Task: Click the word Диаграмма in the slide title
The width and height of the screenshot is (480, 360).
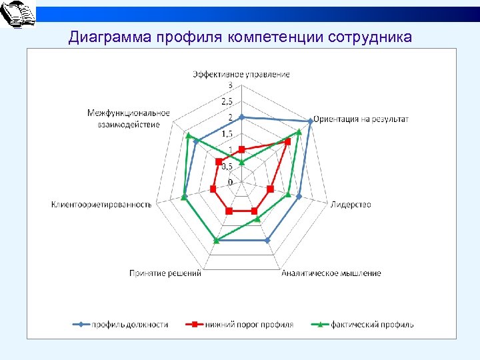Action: [x=111, y=37]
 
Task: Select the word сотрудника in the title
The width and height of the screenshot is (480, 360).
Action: [x=370, y=37]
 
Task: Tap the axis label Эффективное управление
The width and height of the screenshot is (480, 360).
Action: [x=241, y=74]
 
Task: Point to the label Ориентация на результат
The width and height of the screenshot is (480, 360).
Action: [x=361, y=119]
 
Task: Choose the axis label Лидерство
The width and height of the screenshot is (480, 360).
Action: [x=351, y=204]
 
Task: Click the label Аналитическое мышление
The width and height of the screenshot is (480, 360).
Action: [x=331, y=273]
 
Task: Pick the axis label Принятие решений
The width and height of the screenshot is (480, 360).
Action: [x=165, y=273]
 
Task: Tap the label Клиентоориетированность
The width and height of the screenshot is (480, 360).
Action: [x=101, y=204]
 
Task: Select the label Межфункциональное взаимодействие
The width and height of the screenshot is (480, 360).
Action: [x=129, y=119]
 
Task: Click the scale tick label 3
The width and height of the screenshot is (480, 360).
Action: [x=231, y=85]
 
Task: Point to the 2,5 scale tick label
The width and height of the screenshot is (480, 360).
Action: [x=227, y=102]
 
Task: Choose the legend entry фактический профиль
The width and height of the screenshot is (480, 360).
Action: [x=372, y=325]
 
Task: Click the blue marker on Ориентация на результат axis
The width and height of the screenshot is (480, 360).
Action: [x=311, y=121]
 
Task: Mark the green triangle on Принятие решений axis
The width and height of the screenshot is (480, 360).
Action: [x=215, y=240]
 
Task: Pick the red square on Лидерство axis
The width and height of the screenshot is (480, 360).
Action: [x=270, y=189]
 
